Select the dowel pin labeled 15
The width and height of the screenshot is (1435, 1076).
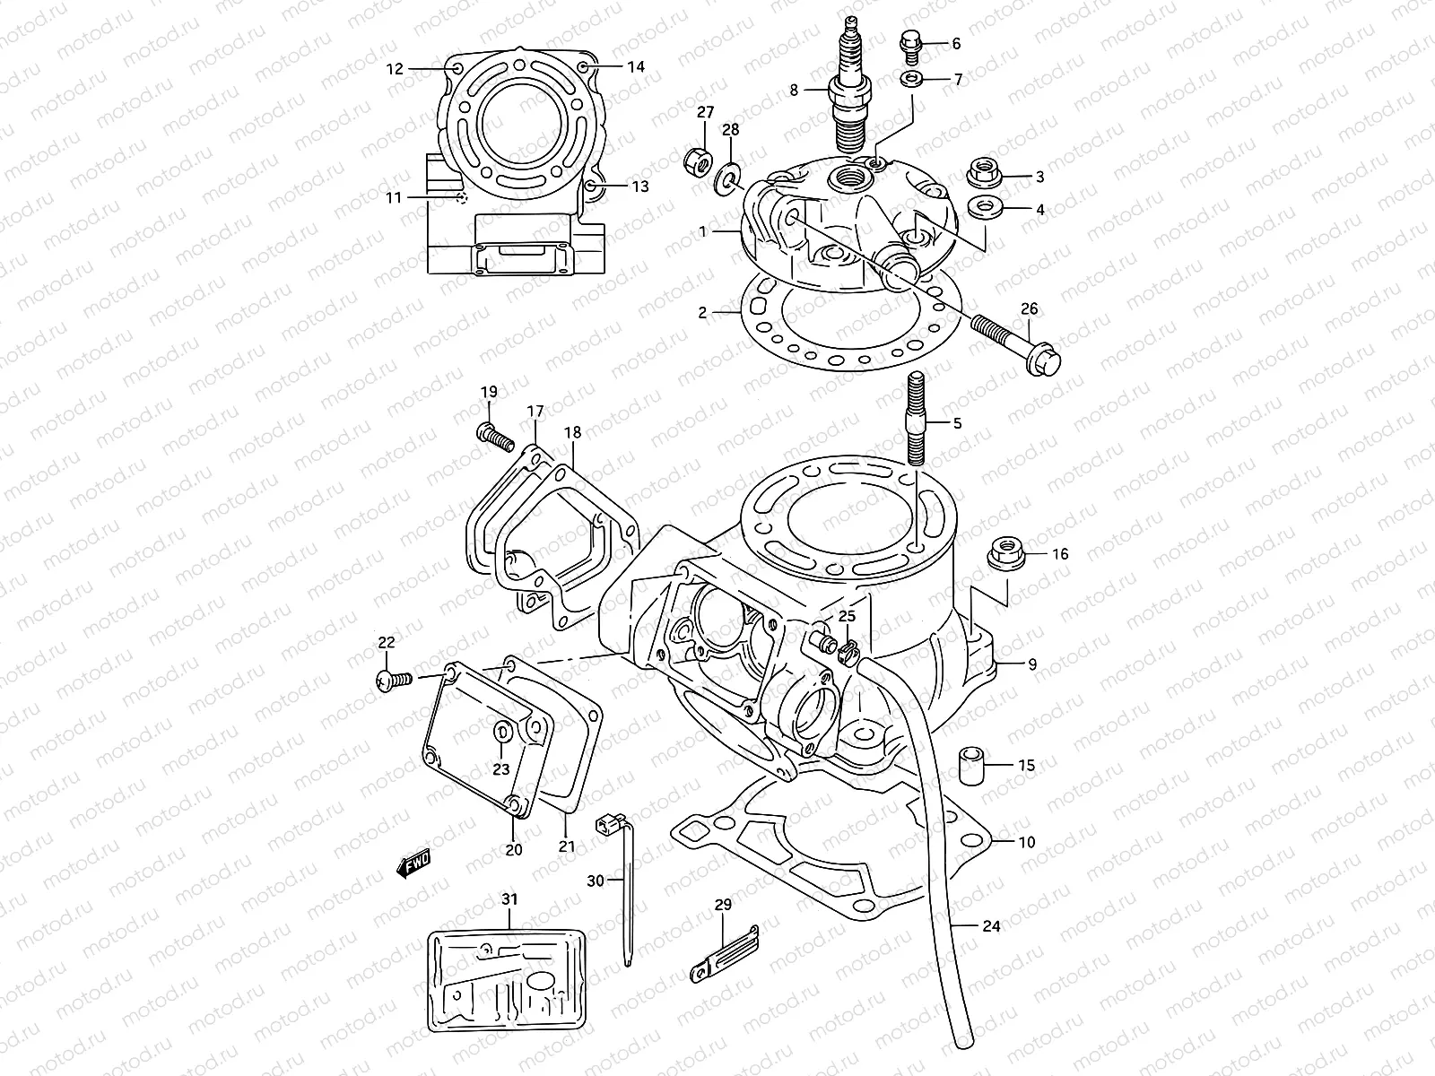tap(974, 765)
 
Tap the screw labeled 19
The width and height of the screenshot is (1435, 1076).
tap(494, 437)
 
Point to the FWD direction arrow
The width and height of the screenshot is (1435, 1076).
tap(413, 863)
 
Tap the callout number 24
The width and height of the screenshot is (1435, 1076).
tap(990, 925)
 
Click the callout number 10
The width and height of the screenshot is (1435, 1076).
tap(1027, 842)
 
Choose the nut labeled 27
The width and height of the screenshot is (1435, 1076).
tap(697, 162)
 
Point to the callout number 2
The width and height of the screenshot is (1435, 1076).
tap(703, 313)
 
